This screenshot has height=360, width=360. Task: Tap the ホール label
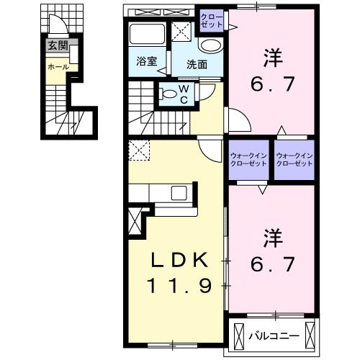click(x=58, y=66)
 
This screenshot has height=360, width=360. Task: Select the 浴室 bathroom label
click(x=146, y=62)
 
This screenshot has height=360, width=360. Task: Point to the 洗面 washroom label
click(x=198, y=64)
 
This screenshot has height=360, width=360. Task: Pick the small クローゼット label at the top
click(x=212, y=19)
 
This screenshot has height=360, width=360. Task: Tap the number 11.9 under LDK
click(x=180, y=287)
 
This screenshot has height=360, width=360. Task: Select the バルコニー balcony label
click(x=274, y=336)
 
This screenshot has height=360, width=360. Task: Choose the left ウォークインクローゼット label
click(x=249, y=160)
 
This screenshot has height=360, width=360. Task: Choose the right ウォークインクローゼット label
click(x=295, y=160)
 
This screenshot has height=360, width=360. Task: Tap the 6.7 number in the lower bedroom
click(x=271, y=265)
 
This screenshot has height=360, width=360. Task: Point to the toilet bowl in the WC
click(x=169, y=91)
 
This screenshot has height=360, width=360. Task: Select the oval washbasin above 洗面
click(x=210, y=45)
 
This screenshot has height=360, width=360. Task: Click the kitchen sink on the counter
click(x=177, y=192)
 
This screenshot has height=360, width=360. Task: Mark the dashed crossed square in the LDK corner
click(x=138, y=150)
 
